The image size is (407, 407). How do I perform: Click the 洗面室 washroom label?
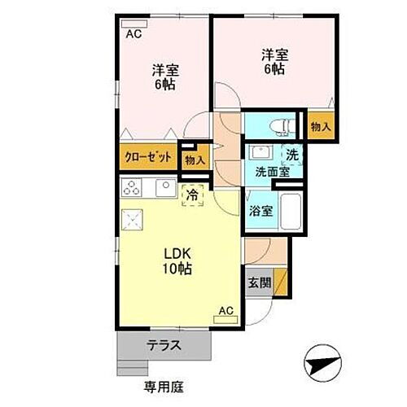tap(271, 172)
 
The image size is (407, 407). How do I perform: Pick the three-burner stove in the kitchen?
tap(133, 188)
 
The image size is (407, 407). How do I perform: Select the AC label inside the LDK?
tap(225, 310)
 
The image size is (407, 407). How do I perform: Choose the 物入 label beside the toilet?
tap(320, 126)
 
